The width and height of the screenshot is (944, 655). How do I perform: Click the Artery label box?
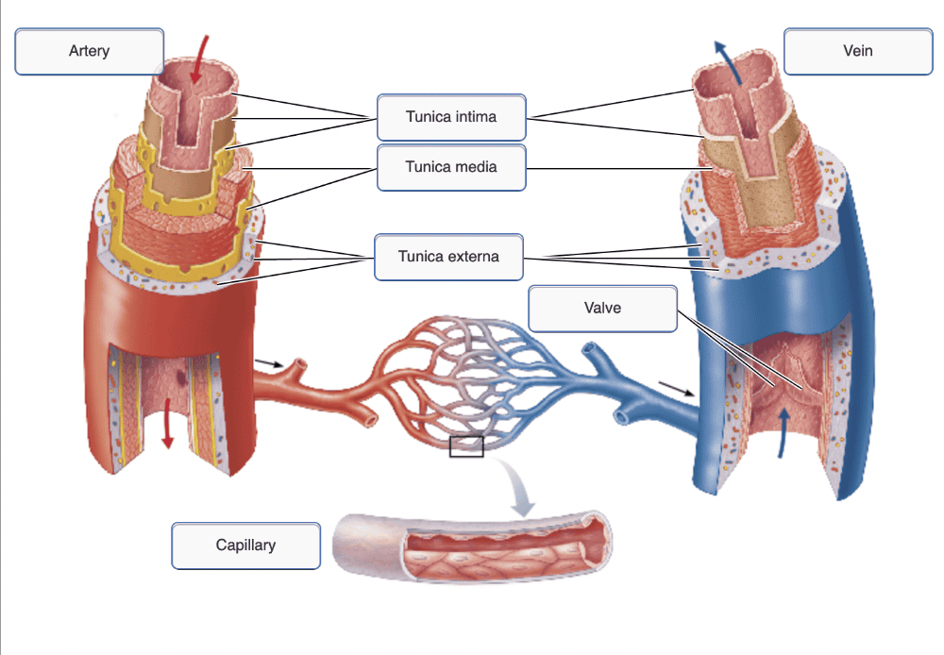tap(89, 51)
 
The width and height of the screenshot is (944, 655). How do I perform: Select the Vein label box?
tap(858, 51)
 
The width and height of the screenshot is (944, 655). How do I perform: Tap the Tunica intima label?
tap(450, 117)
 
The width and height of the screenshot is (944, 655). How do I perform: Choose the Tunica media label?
tap(450, 167)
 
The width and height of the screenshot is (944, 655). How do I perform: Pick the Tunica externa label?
tap(448, 256)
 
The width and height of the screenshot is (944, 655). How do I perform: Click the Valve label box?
tap(602, 308)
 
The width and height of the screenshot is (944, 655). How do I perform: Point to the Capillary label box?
tap(245, 546)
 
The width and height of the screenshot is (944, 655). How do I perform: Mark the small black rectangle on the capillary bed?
tap(466, 446)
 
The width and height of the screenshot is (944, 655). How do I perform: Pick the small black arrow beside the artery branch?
tap(268, 362)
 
